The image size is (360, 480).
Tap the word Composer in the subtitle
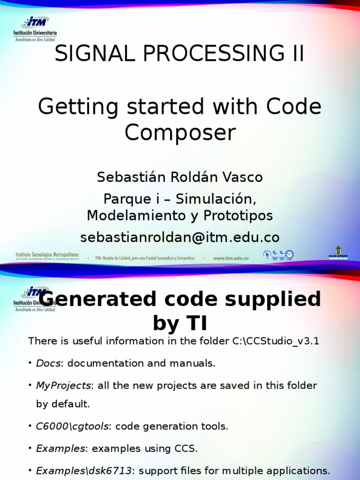click(x=180, y=133)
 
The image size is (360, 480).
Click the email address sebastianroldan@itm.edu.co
click(x=180, y=237)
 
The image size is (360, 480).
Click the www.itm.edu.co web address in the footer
click(x=231, y=258)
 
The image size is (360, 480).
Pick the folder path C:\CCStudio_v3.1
click(x=276, y=341)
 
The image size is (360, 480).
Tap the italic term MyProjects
click(x=63, y=385)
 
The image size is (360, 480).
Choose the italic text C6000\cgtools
click(x=73, y=426)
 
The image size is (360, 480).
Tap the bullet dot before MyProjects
click(x=30, y=385)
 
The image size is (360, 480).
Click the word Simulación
click(x=216, y=199)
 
